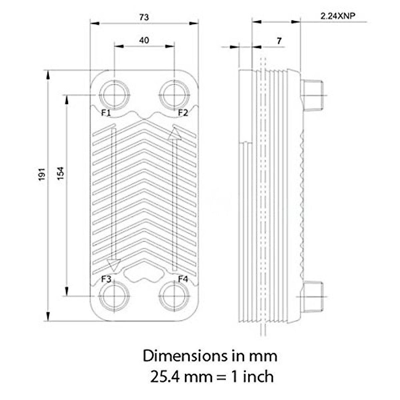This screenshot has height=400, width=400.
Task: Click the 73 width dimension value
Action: [x=144, y=17]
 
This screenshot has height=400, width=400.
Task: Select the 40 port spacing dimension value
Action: [x=144, y=40]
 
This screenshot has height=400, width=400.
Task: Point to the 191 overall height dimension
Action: [x=41, y=174]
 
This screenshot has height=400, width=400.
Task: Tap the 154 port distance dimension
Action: [x=60, y=174]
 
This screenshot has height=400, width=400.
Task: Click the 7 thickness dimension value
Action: [x=279, y=41]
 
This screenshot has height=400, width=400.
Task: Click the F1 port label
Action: [x=106, y=113]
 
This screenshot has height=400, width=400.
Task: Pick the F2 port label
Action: [x=183, y=113]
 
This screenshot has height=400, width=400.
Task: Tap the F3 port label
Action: [x=106, y=279]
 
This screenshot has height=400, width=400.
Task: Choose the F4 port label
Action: [x=183, y=279]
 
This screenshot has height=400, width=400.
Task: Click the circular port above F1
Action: [x=114, y=95]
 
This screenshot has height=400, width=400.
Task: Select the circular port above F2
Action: [x=174, y=95]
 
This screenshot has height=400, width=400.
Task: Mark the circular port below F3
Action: [x=114, y=296]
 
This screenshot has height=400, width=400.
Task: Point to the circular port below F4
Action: [x=174, y=296]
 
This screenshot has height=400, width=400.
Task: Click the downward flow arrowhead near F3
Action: [x=114, y=265]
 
